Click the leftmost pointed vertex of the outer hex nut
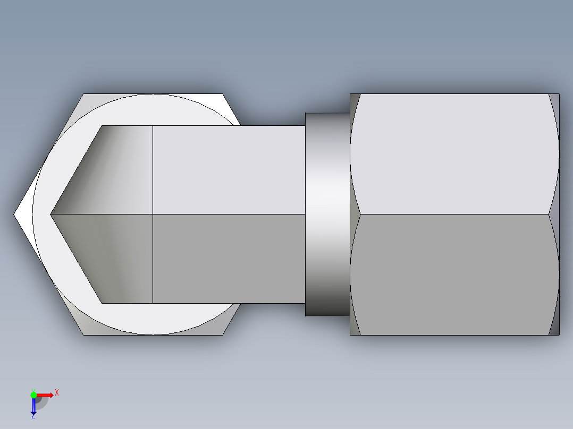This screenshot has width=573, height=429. (15, 214)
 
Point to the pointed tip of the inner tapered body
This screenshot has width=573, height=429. (52, 214)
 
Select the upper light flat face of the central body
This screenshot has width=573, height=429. (229, 170)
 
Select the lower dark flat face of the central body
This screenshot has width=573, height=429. (229, 259)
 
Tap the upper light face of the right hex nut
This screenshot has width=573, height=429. (454, 154)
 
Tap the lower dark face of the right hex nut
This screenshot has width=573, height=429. (454, 274)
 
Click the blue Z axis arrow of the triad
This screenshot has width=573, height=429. (33, 406)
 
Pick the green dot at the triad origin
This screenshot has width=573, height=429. (33, 394)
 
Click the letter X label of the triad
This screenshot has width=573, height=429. (57, 392)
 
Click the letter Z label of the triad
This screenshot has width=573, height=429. (33, 416)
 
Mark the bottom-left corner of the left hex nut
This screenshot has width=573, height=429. (83, 334)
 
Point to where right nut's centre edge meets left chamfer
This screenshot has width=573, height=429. (361, 214)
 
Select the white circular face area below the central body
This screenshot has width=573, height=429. (154, 319)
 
